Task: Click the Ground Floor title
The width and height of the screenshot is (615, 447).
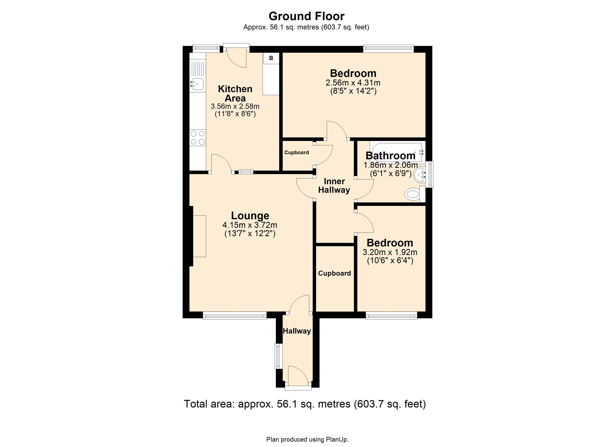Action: [306, 16]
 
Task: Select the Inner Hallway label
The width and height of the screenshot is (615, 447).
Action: [334, 186]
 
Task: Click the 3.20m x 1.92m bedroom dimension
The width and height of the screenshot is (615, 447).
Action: [390, 252]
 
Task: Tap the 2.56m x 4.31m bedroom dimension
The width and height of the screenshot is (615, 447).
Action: [353, 83]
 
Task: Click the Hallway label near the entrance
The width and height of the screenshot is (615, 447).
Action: [297, 331]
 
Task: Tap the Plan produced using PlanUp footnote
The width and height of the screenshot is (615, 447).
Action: [307, 439]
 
